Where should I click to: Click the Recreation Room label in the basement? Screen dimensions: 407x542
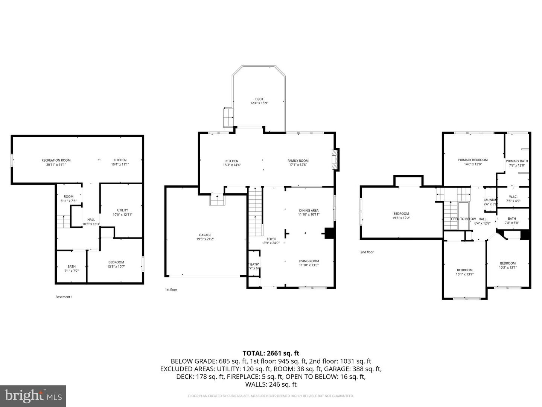point(56,160)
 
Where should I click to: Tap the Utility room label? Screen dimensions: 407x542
point(122,210)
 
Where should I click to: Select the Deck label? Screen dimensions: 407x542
point(259,99)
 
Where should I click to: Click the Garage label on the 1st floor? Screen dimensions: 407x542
point(205,235)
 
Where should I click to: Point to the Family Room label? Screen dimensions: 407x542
point(298,161)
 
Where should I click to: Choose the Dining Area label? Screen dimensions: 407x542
point(309,211)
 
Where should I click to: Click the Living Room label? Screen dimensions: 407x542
point(309,261)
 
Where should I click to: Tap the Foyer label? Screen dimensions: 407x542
point(271,239)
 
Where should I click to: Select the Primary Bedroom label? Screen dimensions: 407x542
point(473,160)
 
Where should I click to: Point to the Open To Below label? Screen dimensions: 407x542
point(463,219)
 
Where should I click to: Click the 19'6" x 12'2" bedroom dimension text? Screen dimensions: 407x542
point(401,218)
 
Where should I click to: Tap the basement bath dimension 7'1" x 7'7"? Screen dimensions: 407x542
point(72,271)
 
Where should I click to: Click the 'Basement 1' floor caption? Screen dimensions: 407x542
point(64,297)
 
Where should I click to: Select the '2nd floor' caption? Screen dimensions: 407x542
point(367,252)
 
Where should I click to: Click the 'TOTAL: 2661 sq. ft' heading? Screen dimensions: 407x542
point(271,353)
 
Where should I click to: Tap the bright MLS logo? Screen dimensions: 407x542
point(33,396)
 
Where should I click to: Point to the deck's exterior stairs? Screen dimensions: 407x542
point(228,117)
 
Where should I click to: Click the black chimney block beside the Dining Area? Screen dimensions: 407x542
point(329,233)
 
